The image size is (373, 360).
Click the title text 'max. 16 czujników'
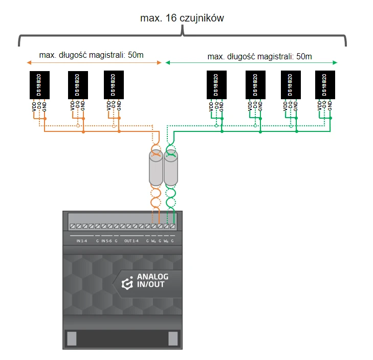coord(182,18)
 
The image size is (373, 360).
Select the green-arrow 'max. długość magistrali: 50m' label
coord(259,56)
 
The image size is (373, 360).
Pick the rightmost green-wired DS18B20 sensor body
coord(324,85)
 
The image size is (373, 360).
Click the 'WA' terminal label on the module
coord(153,241)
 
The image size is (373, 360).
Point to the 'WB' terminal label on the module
coord(166,241)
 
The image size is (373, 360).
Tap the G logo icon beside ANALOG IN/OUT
coord(126,282)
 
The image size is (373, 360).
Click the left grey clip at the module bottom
coord(72,338)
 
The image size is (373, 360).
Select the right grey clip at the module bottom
coord(173,338)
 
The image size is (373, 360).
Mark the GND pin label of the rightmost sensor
coord(330,105)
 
